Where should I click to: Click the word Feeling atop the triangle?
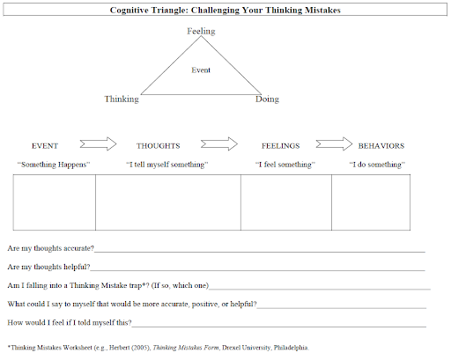(201, 32)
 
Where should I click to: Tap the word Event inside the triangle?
(201, 70)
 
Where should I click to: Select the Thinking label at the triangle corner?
(122, 99)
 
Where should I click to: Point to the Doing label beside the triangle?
(267, 99)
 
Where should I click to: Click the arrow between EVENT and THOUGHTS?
(98, 144)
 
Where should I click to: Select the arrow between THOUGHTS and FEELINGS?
(219, 144)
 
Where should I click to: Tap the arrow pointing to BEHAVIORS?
(334, 144)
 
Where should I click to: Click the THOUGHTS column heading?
(159, 146)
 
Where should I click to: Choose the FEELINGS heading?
(281, 146)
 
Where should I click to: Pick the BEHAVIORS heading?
(381, 146)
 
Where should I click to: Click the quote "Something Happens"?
(54, 165)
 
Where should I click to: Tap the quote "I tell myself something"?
(167, 165)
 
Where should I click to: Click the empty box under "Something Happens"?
(55, 202)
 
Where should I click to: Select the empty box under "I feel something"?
(286, 202)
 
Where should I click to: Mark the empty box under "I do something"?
(371, 202)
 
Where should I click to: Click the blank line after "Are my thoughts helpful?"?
(257, 270)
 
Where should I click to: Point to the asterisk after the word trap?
(144, 284)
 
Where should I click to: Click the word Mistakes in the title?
(322, 11)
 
